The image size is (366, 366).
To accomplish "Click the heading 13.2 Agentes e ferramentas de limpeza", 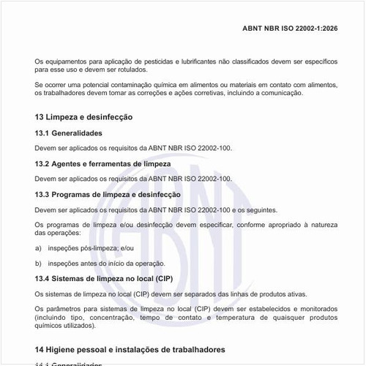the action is [102, 164].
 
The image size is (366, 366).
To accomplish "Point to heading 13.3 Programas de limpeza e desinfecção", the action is [108, 195].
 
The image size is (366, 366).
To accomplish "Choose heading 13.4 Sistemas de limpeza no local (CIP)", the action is [103, 279].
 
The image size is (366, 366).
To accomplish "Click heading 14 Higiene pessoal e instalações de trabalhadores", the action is [130, 350].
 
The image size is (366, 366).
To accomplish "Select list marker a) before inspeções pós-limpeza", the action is [38, 248].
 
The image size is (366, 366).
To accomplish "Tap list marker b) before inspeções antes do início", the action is [38, 263].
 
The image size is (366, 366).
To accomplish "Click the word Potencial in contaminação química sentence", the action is [99, 84].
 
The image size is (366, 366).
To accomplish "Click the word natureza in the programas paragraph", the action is [322, 224].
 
